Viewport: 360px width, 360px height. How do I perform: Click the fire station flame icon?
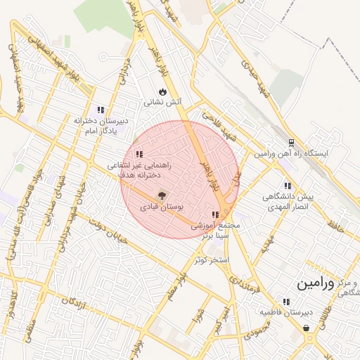163,91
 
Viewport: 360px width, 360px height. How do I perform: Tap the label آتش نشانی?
163,102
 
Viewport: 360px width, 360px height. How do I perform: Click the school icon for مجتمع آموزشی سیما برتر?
215,214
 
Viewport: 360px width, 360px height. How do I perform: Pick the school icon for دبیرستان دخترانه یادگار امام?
101,110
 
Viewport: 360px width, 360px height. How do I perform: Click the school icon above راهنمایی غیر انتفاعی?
139,154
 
